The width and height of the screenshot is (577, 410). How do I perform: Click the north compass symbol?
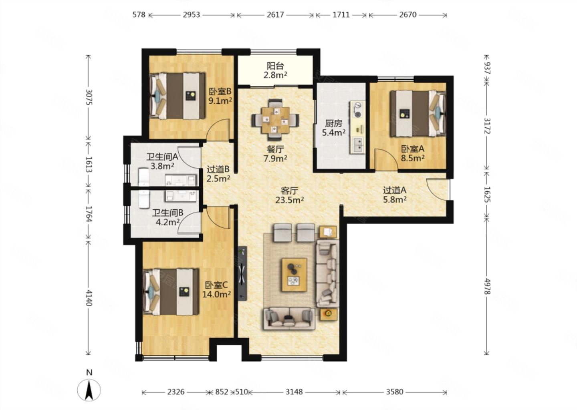tap(89, 390)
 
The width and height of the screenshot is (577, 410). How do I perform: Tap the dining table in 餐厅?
tap(275, 121)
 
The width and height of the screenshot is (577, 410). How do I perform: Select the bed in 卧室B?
tap(177, 96)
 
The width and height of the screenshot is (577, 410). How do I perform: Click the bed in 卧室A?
tap(418, 113)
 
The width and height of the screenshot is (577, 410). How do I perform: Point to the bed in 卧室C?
tap(171, 292)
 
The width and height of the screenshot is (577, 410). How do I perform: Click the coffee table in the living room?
tap(295, 275)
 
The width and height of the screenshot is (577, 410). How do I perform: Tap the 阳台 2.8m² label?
tap(275, 70)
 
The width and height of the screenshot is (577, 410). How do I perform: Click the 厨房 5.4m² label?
tap(334, 128)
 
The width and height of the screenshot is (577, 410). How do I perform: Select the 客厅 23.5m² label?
tap(290, 195)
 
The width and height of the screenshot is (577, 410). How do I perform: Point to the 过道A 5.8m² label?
tap(395, 195)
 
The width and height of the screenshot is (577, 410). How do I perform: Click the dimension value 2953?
tap(192, 15)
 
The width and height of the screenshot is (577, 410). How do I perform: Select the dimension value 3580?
tap(395, 392)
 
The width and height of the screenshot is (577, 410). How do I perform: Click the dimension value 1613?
tap(89, 164)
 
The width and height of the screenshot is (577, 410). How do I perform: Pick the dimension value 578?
tap(139, 15)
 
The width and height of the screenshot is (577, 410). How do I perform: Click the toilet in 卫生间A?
tap(144, 177)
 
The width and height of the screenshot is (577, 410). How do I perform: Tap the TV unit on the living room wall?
tap(242, 273)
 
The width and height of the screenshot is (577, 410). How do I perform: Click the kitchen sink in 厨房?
tap(358, 146)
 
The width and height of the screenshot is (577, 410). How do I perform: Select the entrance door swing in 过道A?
tap(438, 189)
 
